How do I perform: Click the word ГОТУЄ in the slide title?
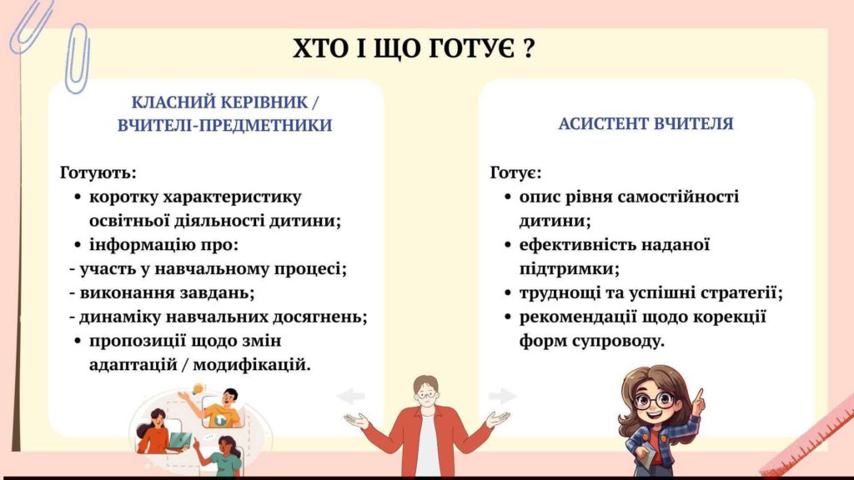pos(471,48)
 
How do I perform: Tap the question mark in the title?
pos(528,48)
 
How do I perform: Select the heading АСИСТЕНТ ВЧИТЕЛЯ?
pos(646,123)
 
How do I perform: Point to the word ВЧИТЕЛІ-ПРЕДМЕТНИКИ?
pos(225,125)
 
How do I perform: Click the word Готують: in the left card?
pos(98,172)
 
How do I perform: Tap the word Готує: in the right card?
pos(515,172)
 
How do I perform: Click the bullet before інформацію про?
pos(78,246)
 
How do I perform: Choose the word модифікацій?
pos(252,365)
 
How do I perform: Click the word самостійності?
pos(679,197)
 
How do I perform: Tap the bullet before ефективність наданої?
pos(508,246)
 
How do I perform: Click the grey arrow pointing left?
pos(351,396)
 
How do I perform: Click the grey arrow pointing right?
pos(502,396)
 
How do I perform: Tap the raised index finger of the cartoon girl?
pos(700,393)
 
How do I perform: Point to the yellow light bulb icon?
pos(198,388)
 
